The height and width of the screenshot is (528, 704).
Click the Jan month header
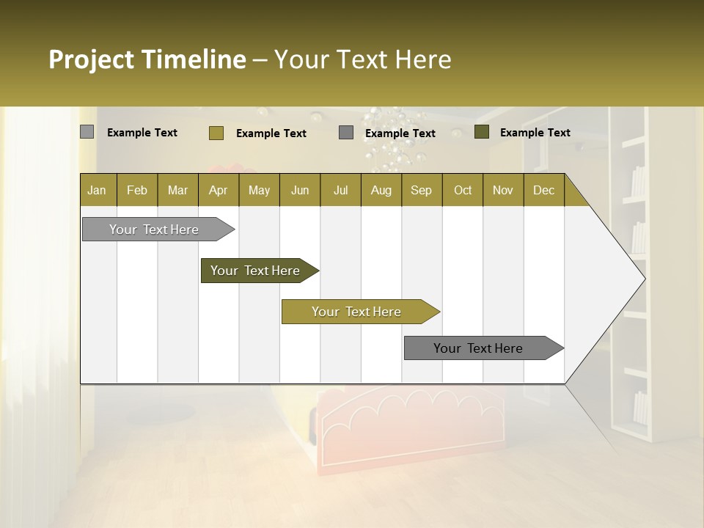pos(97,190)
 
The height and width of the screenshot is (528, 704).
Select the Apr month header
pos(218,190)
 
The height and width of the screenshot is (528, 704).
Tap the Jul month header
pos(340,190)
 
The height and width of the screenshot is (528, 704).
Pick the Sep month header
pos(421,190)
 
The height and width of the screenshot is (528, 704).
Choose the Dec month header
pos(543,190)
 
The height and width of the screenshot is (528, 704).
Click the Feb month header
pos(137,190)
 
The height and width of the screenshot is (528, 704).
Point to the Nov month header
pos(502,190)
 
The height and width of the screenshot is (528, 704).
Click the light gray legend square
pos(87,132)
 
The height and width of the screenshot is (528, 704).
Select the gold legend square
pos(216,133)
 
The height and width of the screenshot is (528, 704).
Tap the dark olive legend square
pos(481,132)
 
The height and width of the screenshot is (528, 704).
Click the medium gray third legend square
pos(346,133)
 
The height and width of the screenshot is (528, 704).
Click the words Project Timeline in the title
pos(147,59)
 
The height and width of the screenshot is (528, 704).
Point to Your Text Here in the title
pos(362,59)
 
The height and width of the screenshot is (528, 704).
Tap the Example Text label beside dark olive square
pos(535,133)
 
